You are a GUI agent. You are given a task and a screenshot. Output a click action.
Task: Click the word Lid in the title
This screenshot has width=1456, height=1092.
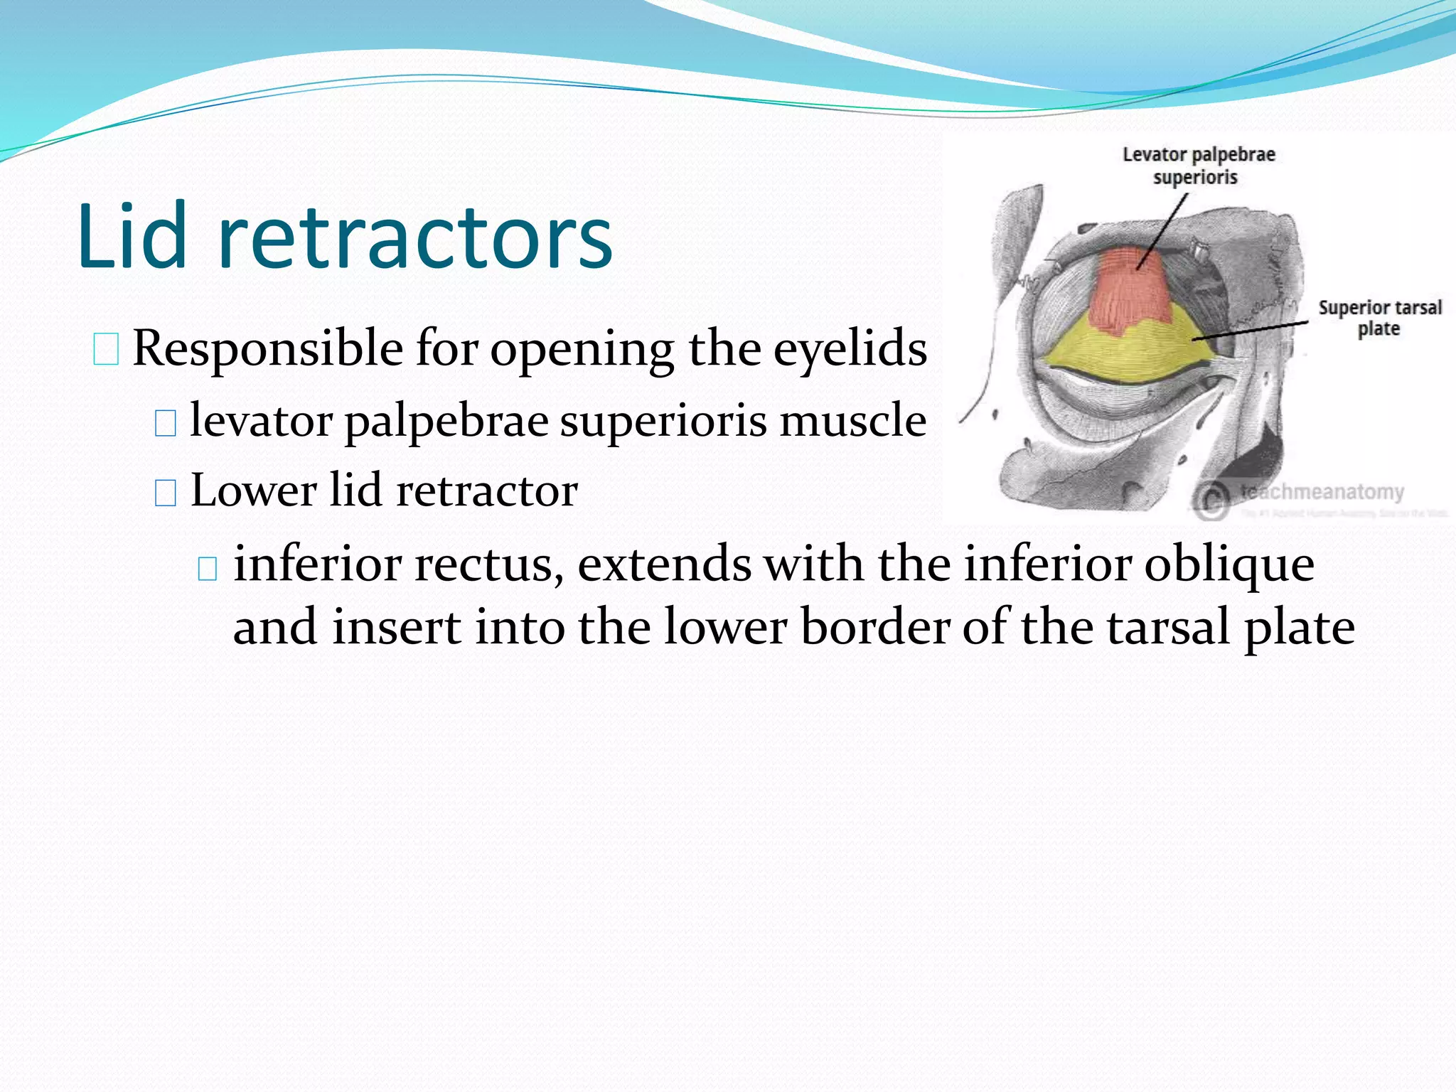(x=132, y=236)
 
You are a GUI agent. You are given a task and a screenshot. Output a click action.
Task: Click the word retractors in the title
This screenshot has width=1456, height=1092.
(x=415, y=239)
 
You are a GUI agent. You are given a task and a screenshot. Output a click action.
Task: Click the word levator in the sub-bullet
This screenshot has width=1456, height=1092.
(x=261, y=420)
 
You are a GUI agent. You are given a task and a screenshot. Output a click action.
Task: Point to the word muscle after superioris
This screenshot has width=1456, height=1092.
(x=852, y=420)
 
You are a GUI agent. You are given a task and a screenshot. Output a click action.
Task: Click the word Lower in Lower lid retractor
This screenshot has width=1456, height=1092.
(x=253, y=491)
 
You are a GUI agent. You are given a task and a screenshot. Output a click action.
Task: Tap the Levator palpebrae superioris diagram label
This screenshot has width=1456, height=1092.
(x=1198, y=166)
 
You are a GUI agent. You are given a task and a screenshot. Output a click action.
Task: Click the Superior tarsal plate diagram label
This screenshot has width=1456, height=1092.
(x=1379, y=318)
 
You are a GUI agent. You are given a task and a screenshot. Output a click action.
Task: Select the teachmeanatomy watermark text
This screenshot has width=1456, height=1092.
(x=1322, y=492)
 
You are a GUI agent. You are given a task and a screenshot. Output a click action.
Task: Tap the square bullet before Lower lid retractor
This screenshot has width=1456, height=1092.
(x=165, y=493)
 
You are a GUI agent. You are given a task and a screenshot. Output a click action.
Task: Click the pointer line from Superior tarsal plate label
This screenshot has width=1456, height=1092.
(x=1251, y=331)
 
